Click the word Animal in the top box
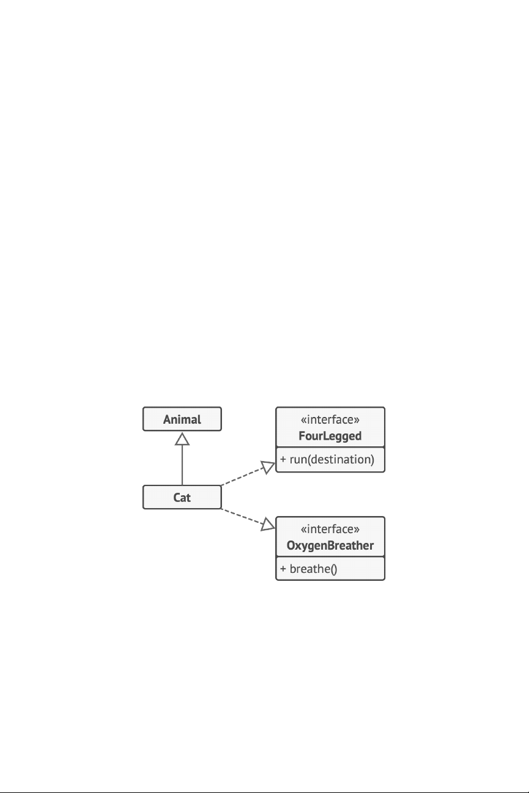pos(182,419)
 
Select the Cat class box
pos(182,497)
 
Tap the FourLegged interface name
pos(330,436)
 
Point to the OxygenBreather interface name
pos(330,545)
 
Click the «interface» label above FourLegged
pos(330,420)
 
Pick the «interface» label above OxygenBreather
pos(330,529)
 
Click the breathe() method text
pos(314,569)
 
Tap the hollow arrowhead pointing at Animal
pos(182,438)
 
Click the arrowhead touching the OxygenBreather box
pos(268,524)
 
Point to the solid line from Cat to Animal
pos(182,465)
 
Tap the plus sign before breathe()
pos(283,569)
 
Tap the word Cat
pos(182,497)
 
